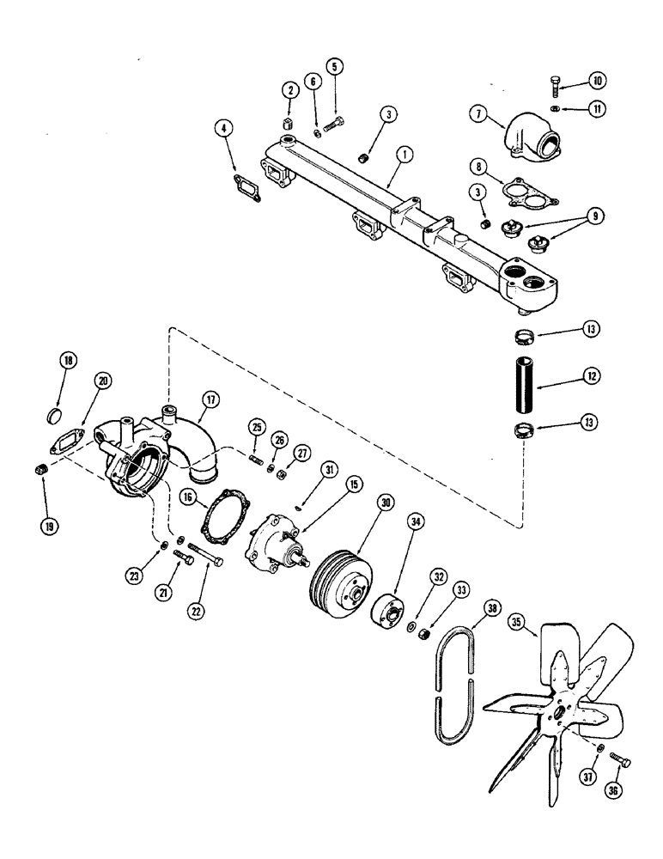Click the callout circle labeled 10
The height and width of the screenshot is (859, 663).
597,81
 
